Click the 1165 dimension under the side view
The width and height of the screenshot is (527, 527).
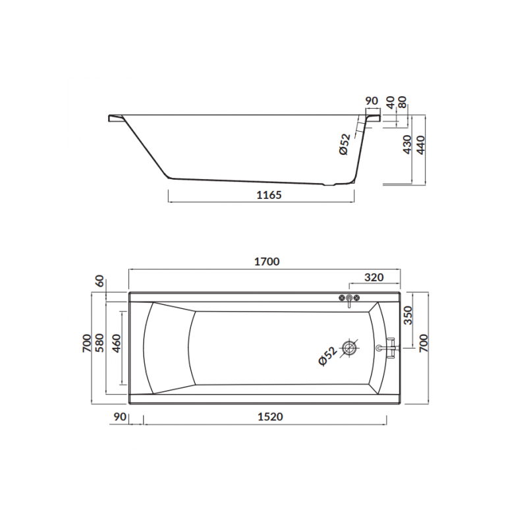(268, 195)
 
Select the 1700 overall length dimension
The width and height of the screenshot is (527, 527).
(267, 261)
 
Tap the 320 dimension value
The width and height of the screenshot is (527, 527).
(374, 277)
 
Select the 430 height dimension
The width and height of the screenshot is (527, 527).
(407, 144)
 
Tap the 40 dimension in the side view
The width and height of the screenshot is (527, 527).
(390, 103)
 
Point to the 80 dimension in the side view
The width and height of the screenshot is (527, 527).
(403, 103)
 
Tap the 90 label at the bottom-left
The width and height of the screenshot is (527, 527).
(120, 416)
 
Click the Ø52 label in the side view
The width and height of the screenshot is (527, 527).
(345, 144)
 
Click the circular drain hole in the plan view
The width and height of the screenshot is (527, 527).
(349, 348)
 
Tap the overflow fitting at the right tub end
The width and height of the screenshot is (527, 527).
(388, 347)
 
